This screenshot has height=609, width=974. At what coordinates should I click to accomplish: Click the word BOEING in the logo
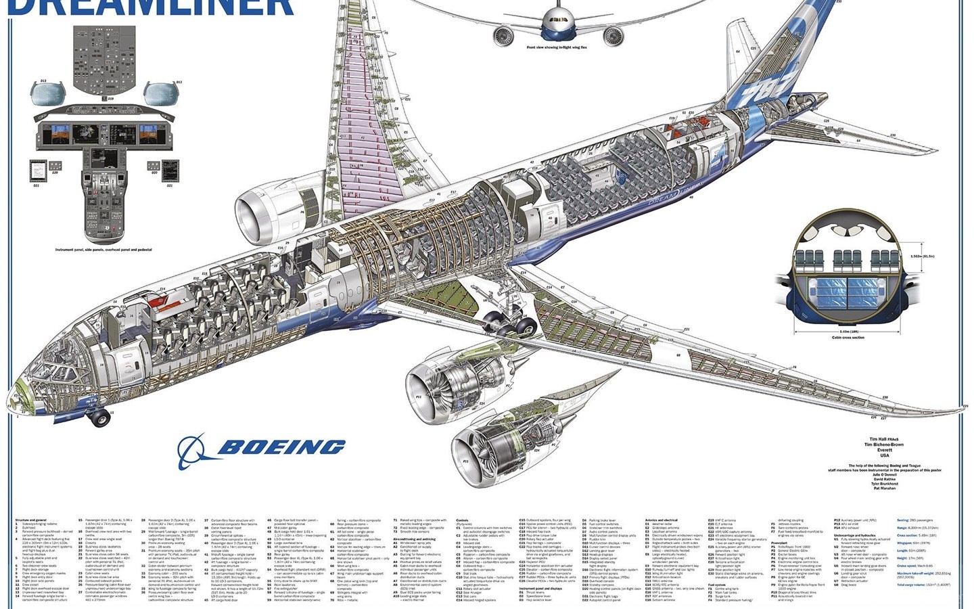click(x=281, y=447)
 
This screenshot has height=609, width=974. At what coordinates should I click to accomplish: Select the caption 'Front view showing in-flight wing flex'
click(x=557, y=47)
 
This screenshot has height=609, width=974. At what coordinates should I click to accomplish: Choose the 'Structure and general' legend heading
click(x=32, y=520)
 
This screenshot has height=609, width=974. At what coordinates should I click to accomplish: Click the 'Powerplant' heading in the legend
click(x=779, y=542)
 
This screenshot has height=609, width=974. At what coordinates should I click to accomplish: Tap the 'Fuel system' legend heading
click(x=717, y=584)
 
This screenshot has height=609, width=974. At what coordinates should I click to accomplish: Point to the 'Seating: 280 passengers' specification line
click(x=916, y=520)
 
